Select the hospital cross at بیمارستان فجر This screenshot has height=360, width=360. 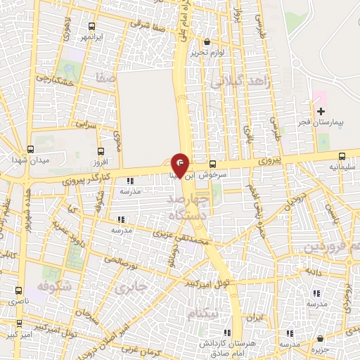click(321, 112)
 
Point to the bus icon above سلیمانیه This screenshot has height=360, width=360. click(342, 157)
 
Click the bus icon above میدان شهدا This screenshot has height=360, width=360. click(30, 150)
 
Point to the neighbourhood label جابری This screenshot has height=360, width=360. click(131, 288)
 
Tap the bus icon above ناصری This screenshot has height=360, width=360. click(18, 290)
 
